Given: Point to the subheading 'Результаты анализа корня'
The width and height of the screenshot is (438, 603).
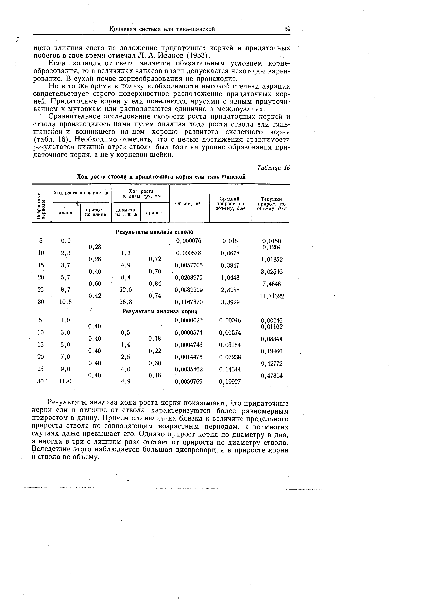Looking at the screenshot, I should tap(160, 311).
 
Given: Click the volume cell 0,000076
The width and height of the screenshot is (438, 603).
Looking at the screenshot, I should tap(189, 241).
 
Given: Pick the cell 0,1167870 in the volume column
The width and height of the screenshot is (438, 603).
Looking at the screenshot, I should tap(189, 302).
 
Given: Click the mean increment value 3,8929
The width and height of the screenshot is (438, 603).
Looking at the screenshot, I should tap(230, 302).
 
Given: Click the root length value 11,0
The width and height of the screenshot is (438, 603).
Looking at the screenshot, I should tap(65, 381).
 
